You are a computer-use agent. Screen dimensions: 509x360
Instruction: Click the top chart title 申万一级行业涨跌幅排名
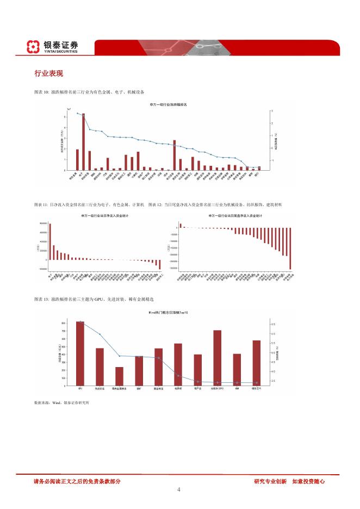168,104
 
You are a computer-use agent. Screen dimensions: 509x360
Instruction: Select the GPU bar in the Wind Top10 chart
80,353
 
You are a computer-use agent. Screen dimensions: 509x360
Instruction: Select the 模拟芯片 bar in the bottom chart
256,363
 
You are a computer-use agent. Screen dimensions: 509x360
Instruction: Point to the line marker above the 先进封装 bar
100,334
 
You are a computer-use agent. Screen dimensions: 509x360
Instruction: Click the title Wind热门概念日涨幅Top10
168,314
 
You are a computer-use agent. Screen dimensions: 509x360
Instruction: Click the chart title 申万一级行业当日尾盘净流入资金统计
235,216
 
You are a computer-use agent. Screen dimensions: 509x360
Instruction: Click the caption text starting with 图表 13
95,299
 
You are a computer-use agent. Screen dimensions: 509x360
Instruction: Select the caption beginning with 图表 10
89,92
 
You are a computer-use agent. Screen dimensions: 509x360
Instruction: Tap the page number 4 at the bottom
179,489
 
